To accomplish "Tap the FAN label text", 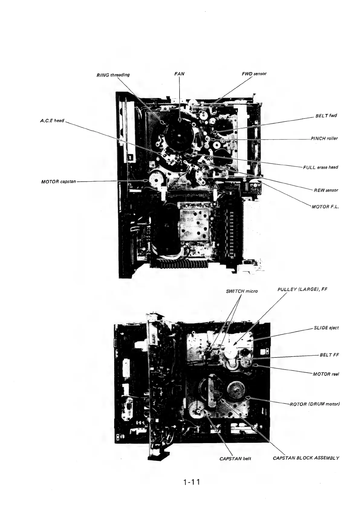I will point(180,73).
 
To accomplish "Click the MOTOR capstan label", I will point(58,182).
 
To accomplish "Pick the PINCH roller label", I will point(324,139).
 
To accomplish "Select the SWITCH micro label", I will point(242,291).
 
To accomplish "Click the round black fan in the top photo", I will point(180,136).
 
